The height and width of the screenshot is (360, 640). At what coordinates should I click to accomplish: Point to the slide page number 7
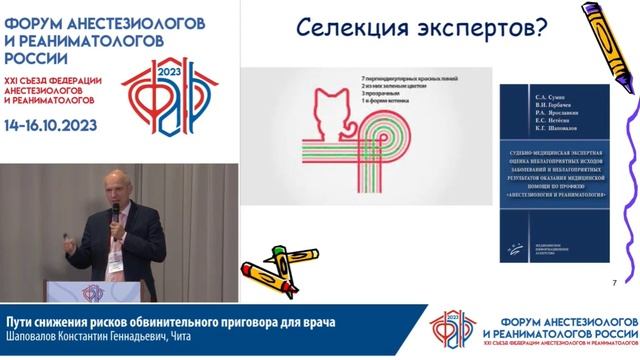(613, 284)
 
